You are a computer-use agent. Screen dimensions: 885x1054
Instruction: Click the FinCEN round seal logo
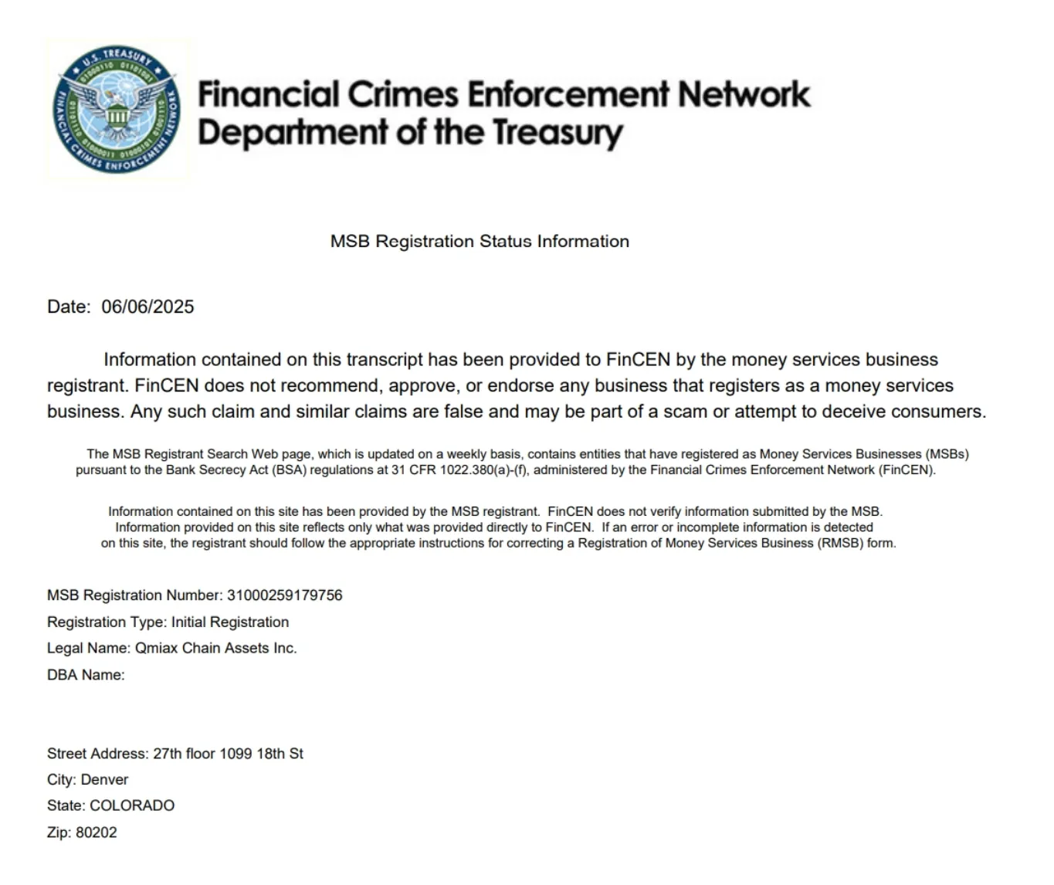(118, 110)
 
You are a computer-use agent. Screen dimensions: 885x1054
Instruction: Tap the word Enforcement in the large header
(568, 94)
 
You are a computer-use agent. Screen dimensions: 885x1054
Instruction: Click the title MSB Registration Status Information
(480, 241)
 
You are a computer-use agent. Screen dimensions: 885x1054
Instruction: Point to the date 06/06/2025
(147, 307)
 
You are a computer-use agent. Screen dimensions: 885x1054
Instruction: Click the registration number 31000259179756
(284, 595)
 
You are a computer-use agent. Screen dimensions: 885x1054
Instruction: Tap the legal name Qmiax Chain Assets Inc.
(216, 648)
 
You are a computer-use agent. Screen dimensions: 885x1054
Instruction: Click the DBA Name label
(85, 675)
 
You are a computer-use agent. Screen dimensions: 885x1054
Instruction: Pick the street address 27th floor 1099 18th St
(228, 754)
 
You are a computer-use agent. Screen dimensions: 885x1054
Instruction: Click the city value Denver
(104, 780)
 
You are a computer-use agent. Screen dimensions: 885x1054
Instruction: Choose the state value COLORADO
(132, 805)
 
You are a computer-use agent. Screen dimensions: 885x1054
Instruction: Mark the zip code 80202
(97, 832)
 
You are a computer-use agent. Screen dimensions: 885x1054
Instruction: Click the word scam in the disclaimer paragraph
(686, 412)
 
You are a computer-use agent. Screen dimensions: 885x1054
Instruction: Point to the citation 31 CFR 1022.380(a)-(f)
(459, 470)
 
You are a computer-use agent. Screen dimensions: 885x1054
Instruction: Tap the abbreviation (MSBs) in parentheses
(947, 454)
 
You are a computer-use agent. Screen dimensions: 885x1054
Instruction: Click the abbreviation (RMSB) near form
(841, 543)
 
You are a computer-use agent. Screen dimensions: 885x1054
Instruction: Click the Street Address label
(97, 754)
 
